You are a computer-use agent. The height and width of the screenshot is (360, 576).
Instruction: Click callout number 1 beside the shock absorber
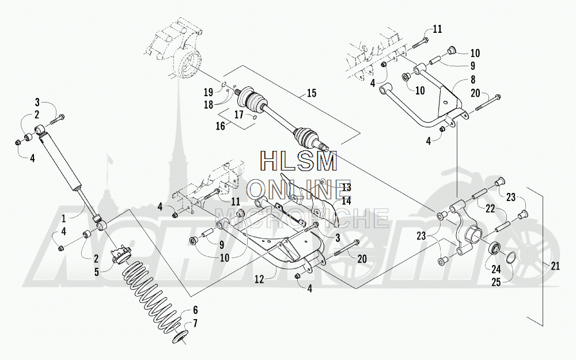point(63,218)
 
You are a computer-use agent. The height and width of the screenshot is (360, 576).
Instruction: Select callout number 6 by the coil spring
point(195,309)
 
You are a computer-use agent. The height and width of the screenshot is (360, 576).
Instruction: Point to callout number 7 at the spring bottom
point(195,323)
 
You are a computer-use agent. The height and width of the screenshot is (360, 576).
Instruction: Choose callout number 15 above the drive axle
point(312,93)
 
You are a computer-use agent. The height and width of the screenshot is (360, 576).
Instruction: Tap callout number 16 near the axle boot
point(221,126)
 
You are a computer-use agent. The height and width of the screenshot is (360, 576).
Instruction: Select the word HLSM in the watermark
point(299,162)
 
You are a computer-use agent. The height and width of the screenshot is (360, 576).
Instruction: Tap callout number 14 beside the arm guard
point(346,201)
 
